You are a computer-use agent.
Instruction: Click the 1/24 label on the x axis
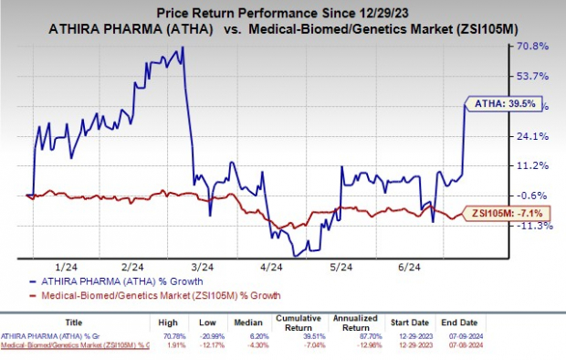coord(67,267)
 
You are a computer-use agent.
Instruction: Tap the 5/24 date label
coord(341,267)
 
